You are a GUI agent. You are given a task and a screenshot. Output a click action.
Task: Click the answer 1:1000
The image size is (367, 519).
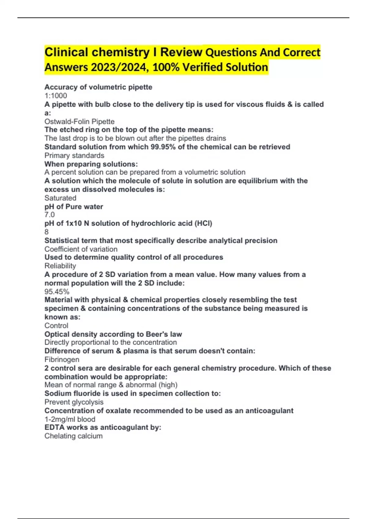(x=56, y=96)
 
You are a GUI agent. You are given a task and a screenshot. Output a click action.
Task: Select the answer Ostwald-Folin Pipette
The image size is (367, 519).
(x=80, y=122)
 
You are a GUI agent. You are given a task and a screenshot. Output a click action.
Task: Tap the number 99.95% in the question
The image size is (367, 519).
(x=163, y=147)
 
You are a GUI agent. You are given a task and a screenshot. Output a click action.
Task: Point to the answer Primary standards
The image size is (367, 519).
(x=74, y=155)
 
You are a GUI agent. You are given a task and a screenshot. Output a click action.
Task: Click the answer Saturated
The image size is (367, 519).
(x=60, y=198)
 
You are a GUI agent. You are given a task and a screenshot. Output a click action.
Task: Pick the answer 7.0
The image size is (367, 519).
(x=50, y=215)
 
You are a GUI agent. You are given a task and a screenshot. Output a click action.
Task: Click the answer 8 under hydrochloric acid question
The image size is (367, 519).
(x=46, y=232)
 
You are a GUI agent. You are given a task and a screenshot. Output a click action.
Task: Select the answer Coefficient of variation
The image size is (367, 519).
(x=81, y=249)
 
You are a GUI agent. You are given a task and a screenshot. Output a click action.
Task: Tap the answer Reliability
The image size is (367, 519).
(x=60, y=266)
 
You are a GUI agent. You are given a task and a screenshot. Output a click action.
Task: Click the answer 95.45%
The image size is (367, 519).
(x=57, y=292)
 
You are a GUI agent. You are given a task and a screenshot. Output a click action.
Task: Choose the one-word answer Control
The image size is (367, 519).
(x=56, y=325)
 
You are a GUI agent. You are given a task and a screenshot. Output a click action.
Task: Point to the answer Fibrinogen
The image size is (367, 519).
(x=62, y=359)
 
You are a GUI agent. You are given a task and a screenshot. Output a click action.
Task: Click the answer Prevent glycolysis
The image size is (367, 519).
(x=74, y=402)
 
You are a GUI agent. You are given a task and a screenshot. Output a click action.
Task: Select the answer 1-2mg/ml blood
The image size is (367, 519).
(x=70, y=419)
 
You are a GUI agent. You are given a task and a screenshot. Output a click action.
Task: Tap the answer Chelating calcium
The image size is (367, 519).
(x=73, y=436)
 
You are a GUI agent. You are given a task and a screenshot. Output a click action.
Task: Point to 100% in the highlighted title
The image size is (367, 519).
(x=166, y=67)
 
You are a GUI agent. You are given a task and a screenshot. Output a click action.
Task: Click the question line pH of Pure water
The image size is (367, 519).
(x=74, y=207)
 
